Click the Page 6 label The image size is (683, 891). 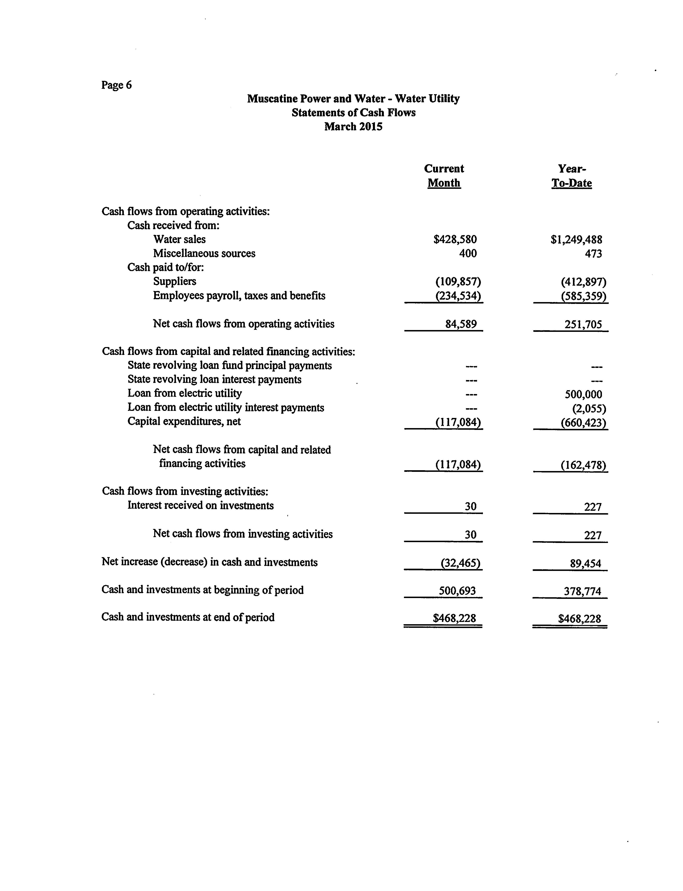(x=117, y=85)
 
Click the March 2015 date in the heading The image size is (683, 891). (x=353, y=127)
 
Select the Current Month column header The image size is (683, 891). (x=444, y=176)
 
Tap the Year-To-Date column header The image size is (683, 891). (x=572, y=176)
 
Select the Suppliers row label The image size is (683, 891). (x=174, y=281)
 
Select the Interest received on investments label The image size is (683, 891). (x=200, y=505)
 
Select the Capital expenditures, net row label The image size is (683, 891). (x=184, y=421)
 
